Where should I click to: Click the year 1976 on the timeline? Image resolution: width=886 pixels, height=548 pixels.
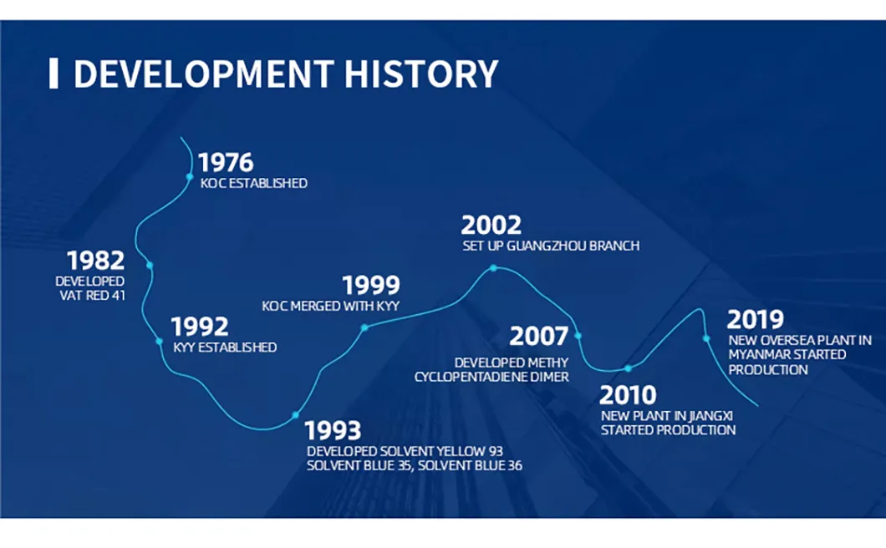(x=226, y=163)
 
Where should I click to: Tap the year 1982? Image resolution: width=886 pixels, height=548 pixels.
(x=95, y=261)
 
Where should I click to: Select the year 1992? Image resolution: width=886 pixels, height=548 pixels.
(x=200, y=327)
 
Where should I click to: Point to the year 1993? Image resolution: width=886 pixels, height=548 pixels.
(x=333, y=430)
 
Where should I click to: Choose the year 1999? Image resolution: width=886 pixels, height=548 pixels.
(x=371, y=286)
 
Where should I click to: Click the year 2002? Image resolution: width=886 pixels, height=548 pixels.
(x=491, y=226)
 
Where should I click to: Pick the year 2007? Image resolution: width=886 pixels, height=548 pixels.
(x=539, y=336)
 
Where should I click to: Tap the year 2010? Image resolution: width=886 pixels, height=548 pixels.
(x=628, y=395)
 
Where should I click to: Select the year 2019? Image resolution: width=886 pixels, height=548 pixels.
(x=756, y=320)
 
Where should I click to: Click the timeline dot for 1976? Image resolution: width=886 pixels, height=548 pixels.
(x=190, y=177)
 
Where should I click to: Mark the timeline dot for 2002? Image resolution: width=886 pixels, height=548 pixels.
(x=493, y=268)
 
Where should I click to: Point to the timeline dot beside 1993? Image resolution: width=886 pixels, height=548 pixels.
(x=295, y=415)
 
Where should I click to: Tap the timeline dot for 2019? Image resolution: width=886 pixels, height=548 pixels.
(x=706, y=339)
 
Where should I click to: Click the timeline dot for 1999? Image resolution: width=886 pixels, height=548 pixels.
(x=364, y=327)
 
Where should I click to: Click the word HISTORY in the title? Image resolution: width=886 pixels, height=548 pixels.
(x=421, y=74)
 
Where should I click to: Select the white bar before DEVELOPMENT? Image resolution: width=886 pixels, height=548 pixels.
(x=53, y=74)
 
